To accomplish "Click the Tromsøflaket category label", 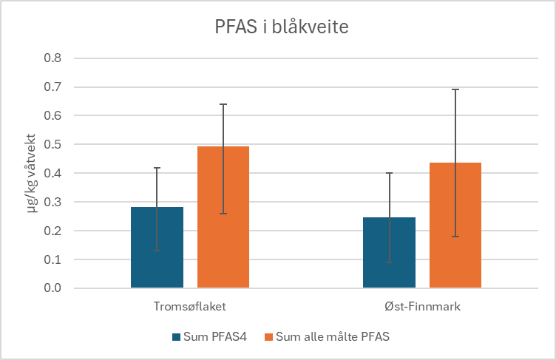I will [x=190, y=306].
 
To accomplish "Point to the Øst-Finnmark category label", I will [x=422, y=306].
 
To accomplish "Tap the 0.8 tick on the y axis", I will [x=53, y=58].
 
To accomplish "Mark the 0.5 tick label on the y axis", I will [x=53, y=144].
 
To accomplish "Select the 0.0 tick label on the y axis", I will [x=53, y=288].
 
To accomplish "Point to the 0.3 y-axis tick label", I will [x=53, y=202].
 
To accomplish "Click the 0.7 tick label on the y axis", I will [x=53, y=87].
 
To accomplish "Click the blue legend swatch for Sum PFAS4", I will [x=176, y=337].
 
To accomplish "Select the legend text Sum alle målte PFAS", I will [x=332, y=337].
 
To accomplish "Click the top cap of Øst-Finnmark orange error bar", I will [x=455, y=89].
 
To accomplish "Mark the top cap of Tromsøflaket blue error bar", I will [x=157, y=169].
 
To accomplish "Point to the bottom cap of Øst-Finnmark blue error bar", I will [x=389, y=262].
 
